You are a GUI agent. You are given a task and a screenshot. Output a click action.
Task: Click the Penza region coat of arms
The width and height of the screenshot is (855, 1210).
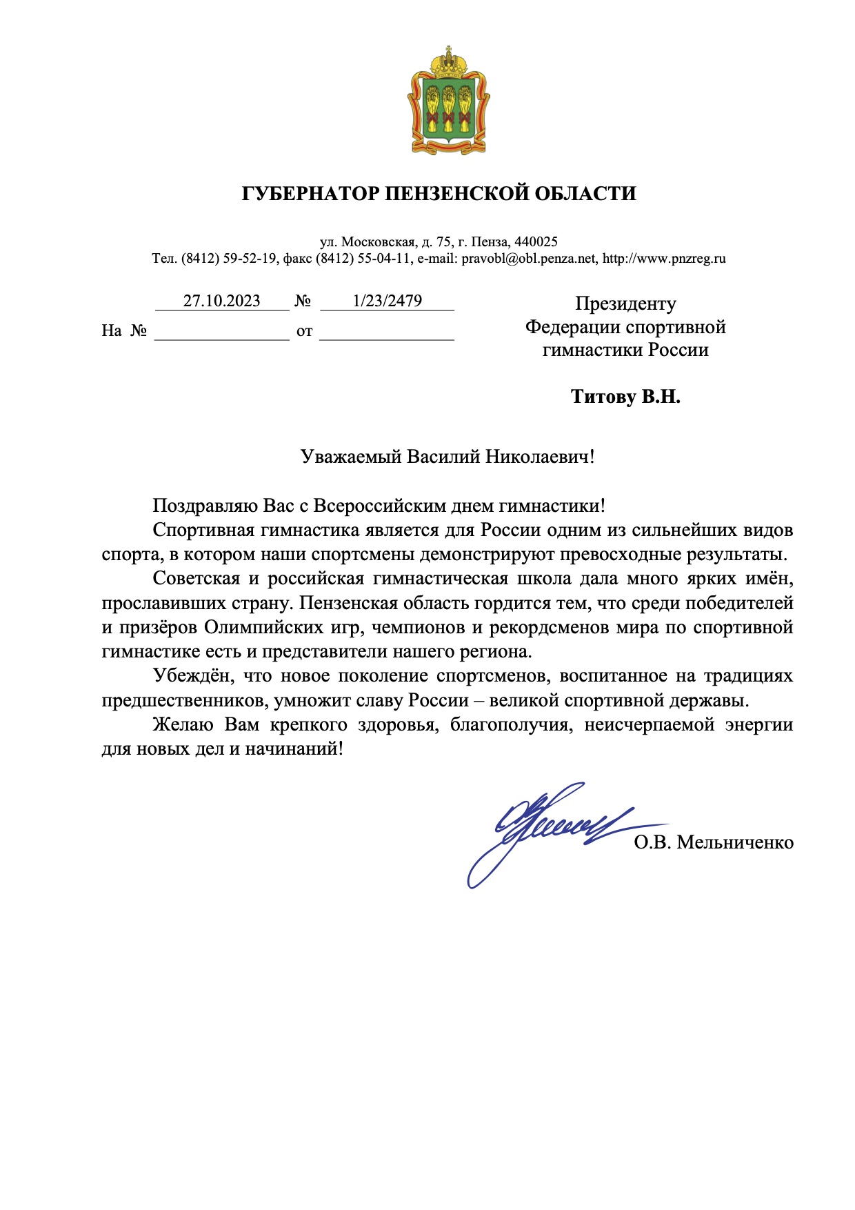pyautogui.click(x=448, y=102)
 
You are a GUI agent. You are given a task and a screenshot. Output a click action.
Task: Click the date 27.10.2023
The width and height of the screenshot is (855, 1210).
pyautogui.click(x=221, y=301)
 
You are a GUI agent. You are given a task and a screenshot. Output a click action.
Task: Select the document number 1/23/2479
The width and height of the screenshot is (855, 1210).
pyautogui.click(x=387, y=301)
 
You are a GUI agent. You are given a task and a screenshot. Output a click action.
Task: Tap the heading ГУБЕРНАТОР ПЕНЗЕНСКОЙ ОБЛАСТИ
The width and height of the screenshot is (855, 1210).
pyautogui.click(x=439, y=193)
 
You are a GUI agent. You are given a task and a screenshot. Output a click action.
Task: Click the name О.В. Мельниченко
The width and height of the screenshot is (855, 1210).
pyautogui.click(x=714, y=842)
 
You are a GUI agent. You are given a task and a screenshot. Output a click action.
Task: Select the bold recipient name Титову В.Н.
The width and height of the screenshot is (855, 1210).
pyautogui.click(x=625, y=397)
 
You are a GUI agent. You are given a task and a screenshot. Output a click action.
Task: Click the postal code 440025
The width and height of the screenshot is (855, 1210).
pyautogui.click(x=536, y=242)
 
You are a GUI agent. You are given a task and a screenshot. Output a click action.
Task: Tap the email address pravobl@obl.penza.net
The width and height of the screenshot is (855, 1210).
pyautogui.click(x=528, y=259)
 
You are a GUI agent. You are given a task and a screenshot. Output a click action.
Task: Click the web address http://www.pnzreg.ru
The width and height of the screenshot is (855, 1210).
pyautogui.click(x=664, y=259)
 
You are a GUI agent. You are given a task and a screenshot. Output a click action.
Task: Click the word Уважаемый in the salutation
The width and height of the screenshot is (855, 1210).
pyautogui.click(x=351, y=457)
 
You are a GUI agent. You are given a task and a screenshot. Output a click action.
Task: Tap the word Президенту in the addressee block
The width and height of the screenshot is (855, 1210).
pyautogui.click(x=625, y=304)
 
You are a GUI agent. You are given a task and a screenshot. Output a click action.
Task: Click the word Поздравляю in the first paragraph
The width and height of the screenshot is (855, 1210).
pyautogui.click(x=205, y=506)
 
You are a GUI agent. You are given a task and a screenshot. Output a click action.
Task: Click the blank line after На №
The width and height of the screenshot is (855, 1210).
pyautogui.click(x=221, y=332)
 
